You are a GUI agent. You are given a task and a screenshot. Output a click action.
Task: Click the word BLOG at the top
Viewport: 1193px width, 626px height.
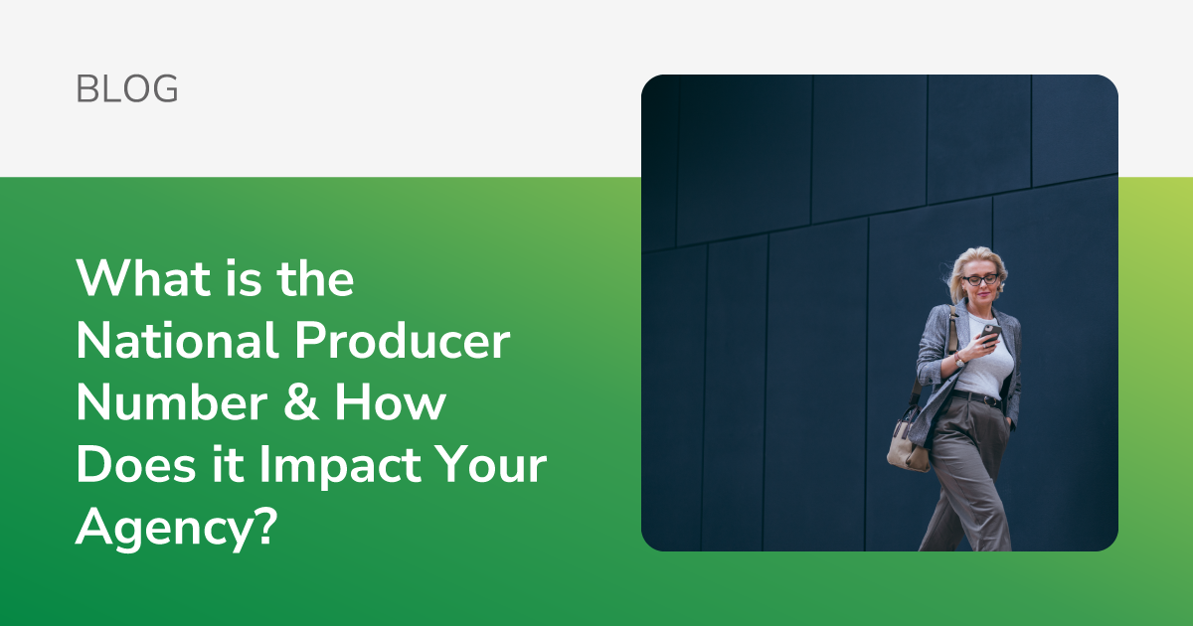tap(127, 88)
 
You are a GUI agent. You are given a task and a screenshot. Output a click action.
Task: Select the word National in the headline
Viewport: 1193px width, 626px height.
tap(177, 340)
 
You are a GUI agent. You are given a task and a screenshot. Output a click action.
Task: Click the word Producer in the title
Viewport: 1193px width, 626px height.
tap(402, 340)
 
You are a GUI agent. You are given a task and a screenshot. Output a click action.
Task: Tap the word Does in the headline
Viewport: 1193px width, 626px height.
tap(136, 464)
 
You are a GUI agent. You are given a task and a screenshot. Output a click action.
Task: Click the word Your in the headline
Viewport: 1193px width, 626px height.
tap(491, 464)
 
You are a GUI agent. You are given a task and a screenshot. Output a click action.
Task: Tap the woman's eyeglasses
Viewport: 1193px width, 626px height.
tap(980, 279)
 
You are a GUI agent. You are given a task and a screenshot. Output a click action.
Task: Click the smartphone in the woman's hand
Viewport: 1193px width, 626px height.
tap(990, 334)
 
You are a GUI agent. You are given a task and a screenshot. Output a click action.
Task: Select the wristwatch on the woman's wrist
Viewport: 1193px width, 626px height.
tap(959, 361)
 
